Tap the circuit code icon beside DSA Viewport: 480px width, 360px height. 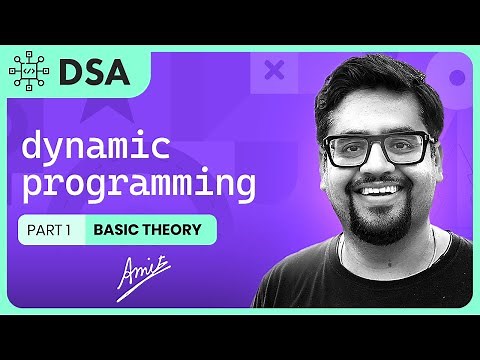click(x=30, y=71)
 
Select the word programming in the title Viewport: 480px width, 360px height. click(x=138, y=186)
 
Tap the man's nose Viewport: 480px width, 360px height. click(x=383, y=165)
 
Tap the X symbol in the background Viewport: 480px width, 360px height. click(x=274, y=70)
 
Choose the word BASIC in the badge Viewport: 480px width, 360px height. click(x=115, y=230)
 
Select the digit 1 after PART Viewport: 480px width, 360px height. click(x=70, y=230)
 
